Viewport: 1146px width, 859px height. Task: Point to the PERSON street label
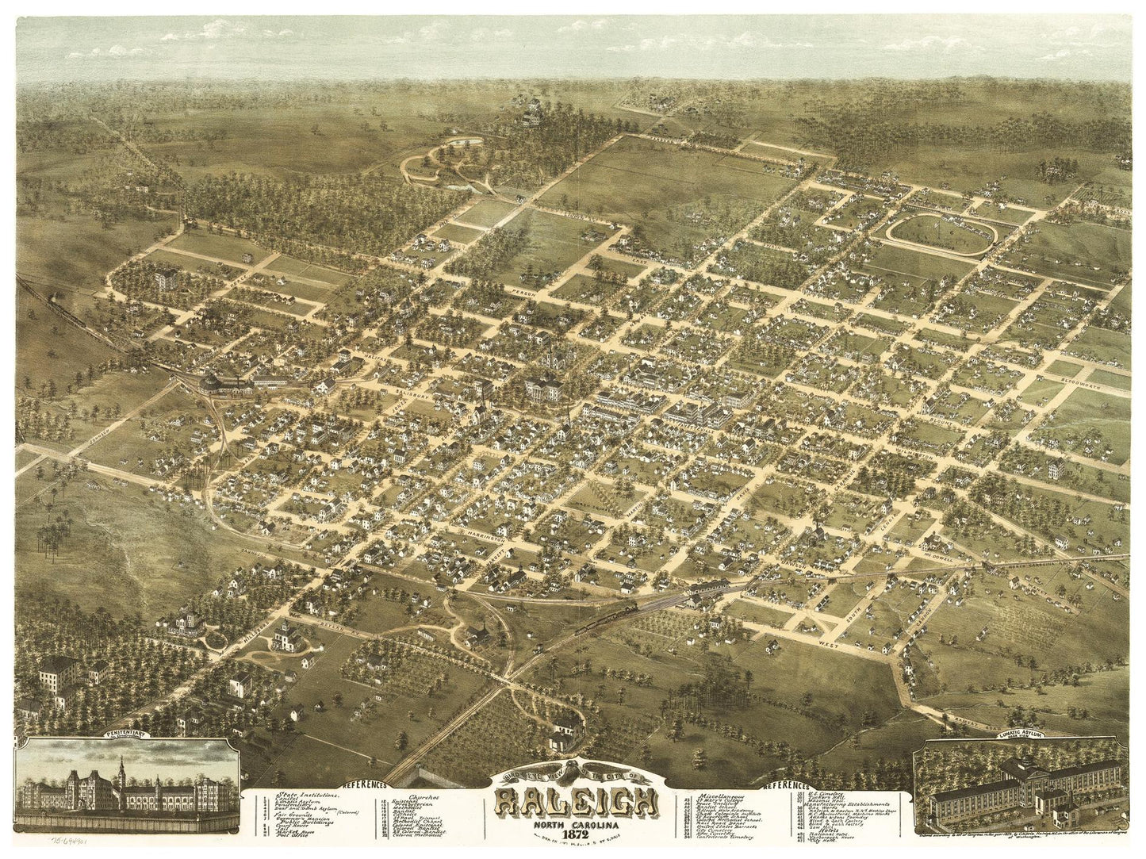(x=524, y=292)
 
